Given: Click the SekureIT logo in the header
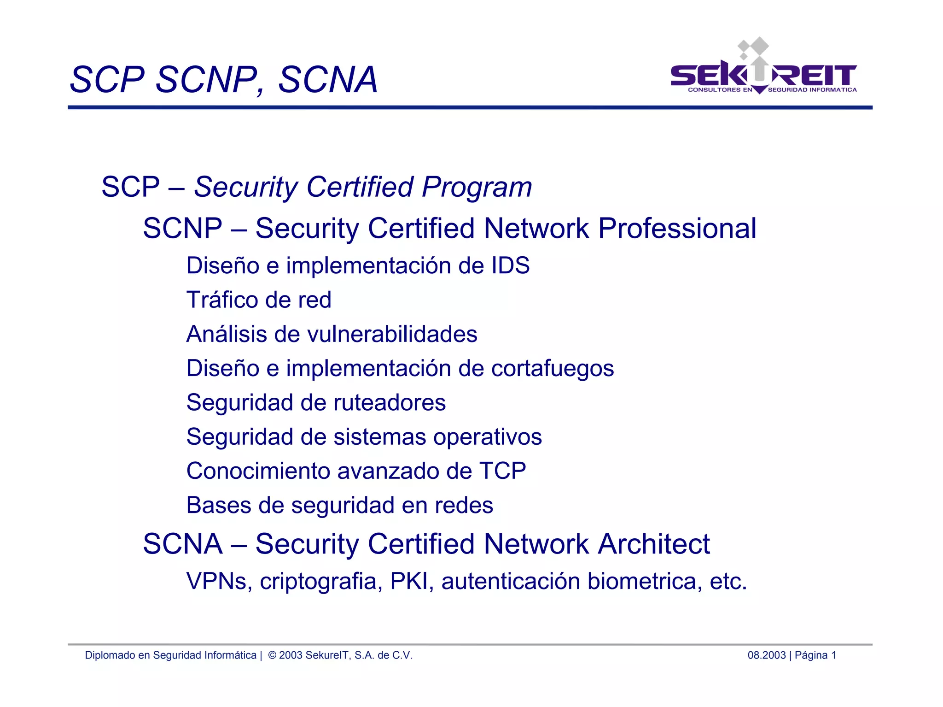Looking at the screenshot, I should tap(763, 69).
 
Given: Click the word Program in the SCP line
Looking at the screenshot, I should tap(477, 187).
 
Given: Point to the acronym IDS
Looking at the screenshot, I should tap(510, 266).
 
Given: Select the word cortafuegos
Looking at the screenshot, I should tap(553, 369).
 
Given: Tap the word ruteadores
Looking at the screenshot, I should tap(390, 403).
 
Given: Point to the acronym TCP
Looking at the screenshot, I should tap(502, 471).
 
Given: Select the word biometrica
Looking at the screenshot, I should tap(645, 581).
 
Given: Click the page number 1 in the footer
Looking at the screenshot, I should tap(833, 655).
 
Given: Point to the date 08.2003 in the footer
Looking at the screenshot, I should tap(767, 655).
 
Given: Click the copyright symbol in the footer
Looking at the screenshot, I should tap(272, 655).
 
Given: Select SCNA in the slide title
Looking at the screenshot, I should tap(328, 80).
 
